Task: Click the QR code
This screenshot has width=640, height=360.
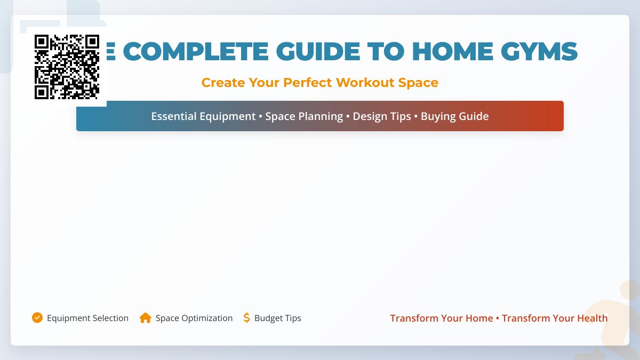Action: [67, 67]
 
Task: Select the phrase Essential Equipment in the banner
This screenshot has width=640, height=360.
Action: [203, 116]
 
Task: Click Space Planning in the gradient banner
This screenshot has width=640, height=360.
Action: [304, 116]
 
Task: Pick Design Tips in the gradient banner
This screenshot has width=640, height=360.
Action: [382, 116]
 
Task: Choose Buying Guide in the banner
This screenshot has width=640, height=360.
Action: [454, 116]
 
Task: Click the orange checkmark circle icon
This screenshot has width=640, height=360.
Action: [37, 318]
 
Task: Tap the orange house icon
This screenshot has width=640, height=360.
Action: [145, 318]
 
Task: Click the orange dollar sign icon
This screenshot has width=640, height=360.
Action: [246, 318]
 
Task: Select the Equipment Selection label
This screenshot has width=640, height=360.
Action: [87, 318]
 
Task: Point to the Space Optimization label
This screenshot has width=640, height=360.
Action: [194, 318]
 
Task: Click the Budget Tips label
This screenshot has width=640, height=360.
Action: [277, 318]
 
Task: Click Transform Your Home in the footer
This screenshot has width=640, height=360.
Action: [441, 318]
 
